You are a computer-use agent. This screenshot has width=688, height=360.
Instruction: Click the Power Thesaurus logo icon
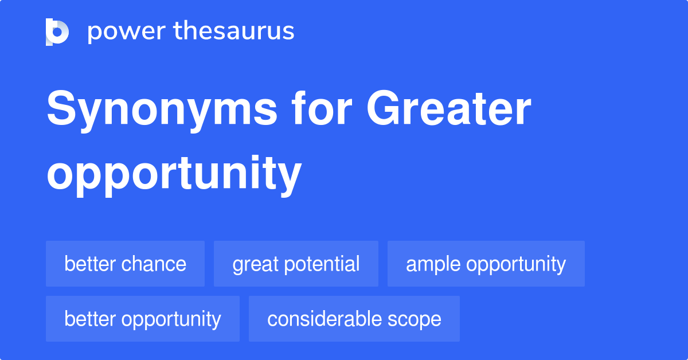point(57,32)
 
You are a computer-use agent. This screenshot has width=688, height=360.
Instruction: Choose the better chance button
point(125,264)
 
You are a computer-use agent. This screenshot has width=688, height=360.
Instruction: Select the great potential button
point(296,264)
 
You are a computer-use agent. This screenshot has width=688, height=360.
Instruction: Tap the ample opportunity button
point(486,264)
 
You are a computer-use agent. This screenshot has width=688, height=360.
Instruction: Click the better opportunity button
point(142,319)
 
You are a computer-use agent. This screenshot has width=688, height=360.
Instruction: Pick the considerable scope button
point(354,319)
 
